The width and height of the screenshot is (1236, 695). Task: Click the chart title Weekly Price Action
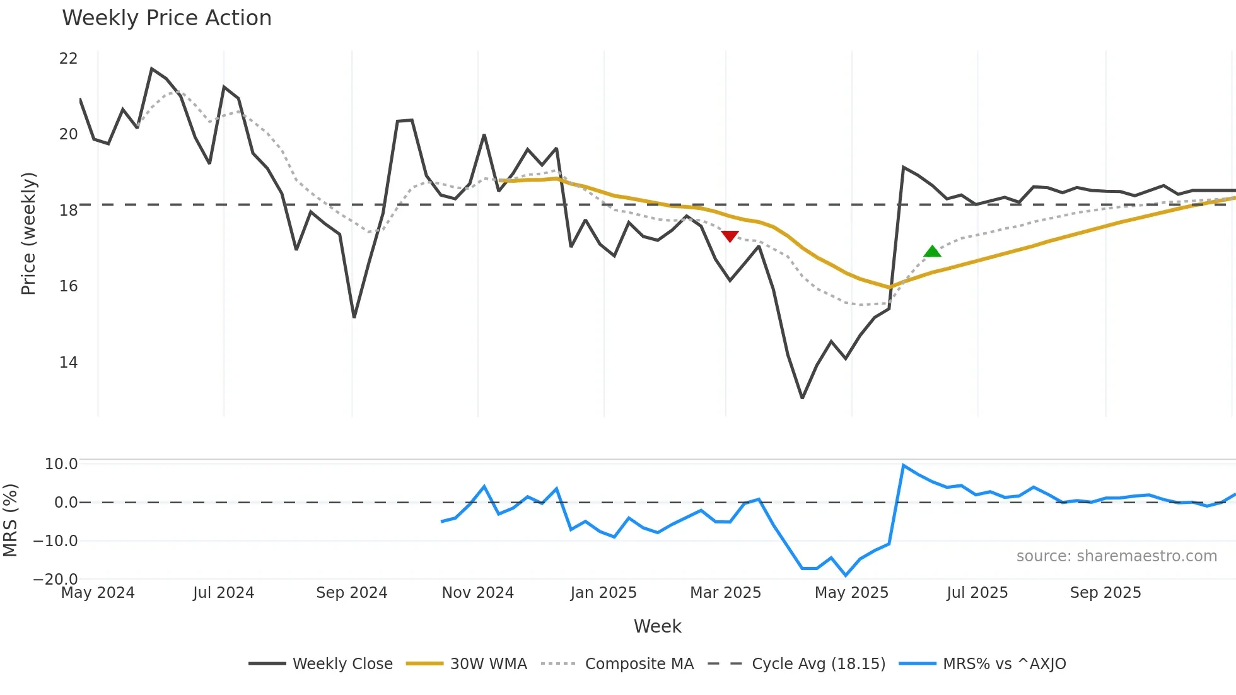(x=166, y=18)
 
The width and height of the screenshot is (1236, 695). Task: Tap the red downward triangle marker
(x=730, y=237)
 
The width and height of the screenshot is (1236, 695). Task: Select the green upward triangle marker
(x=932, y=251)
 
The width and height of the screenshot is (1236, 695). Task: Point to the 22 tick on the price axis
(x=68, y=59)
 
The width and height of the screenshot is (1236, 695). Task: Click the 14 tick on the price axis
(x=68, y=363)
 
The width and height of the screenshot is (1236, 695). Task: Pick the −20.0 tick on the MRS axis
(x=55, y=579)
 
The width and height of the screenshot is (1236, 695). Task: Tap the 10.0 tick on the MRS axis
(x=61, y=464)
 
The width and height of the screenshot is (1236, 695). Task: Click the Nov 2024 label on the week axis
(x=477, y=593)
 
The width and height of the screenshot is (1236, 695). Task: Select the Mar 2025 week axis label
(x=725, y=593)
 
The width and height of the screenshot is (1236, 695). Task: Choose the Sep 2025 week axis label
(x=1105, y=593)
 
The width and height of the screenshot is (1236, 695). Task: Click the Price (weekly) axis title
(x=28, y=233)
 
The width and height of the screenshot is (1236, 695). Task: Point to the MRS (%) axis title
(x=10, y=520)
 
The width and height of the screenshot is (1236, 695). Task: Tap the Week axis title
(x=657, y=626)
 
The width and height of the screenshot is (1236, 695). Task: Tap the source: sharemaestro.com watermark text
(x=1116, y=556)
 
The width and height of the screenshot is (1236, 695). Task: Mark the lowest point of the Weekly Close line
(x=802, y=398)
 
